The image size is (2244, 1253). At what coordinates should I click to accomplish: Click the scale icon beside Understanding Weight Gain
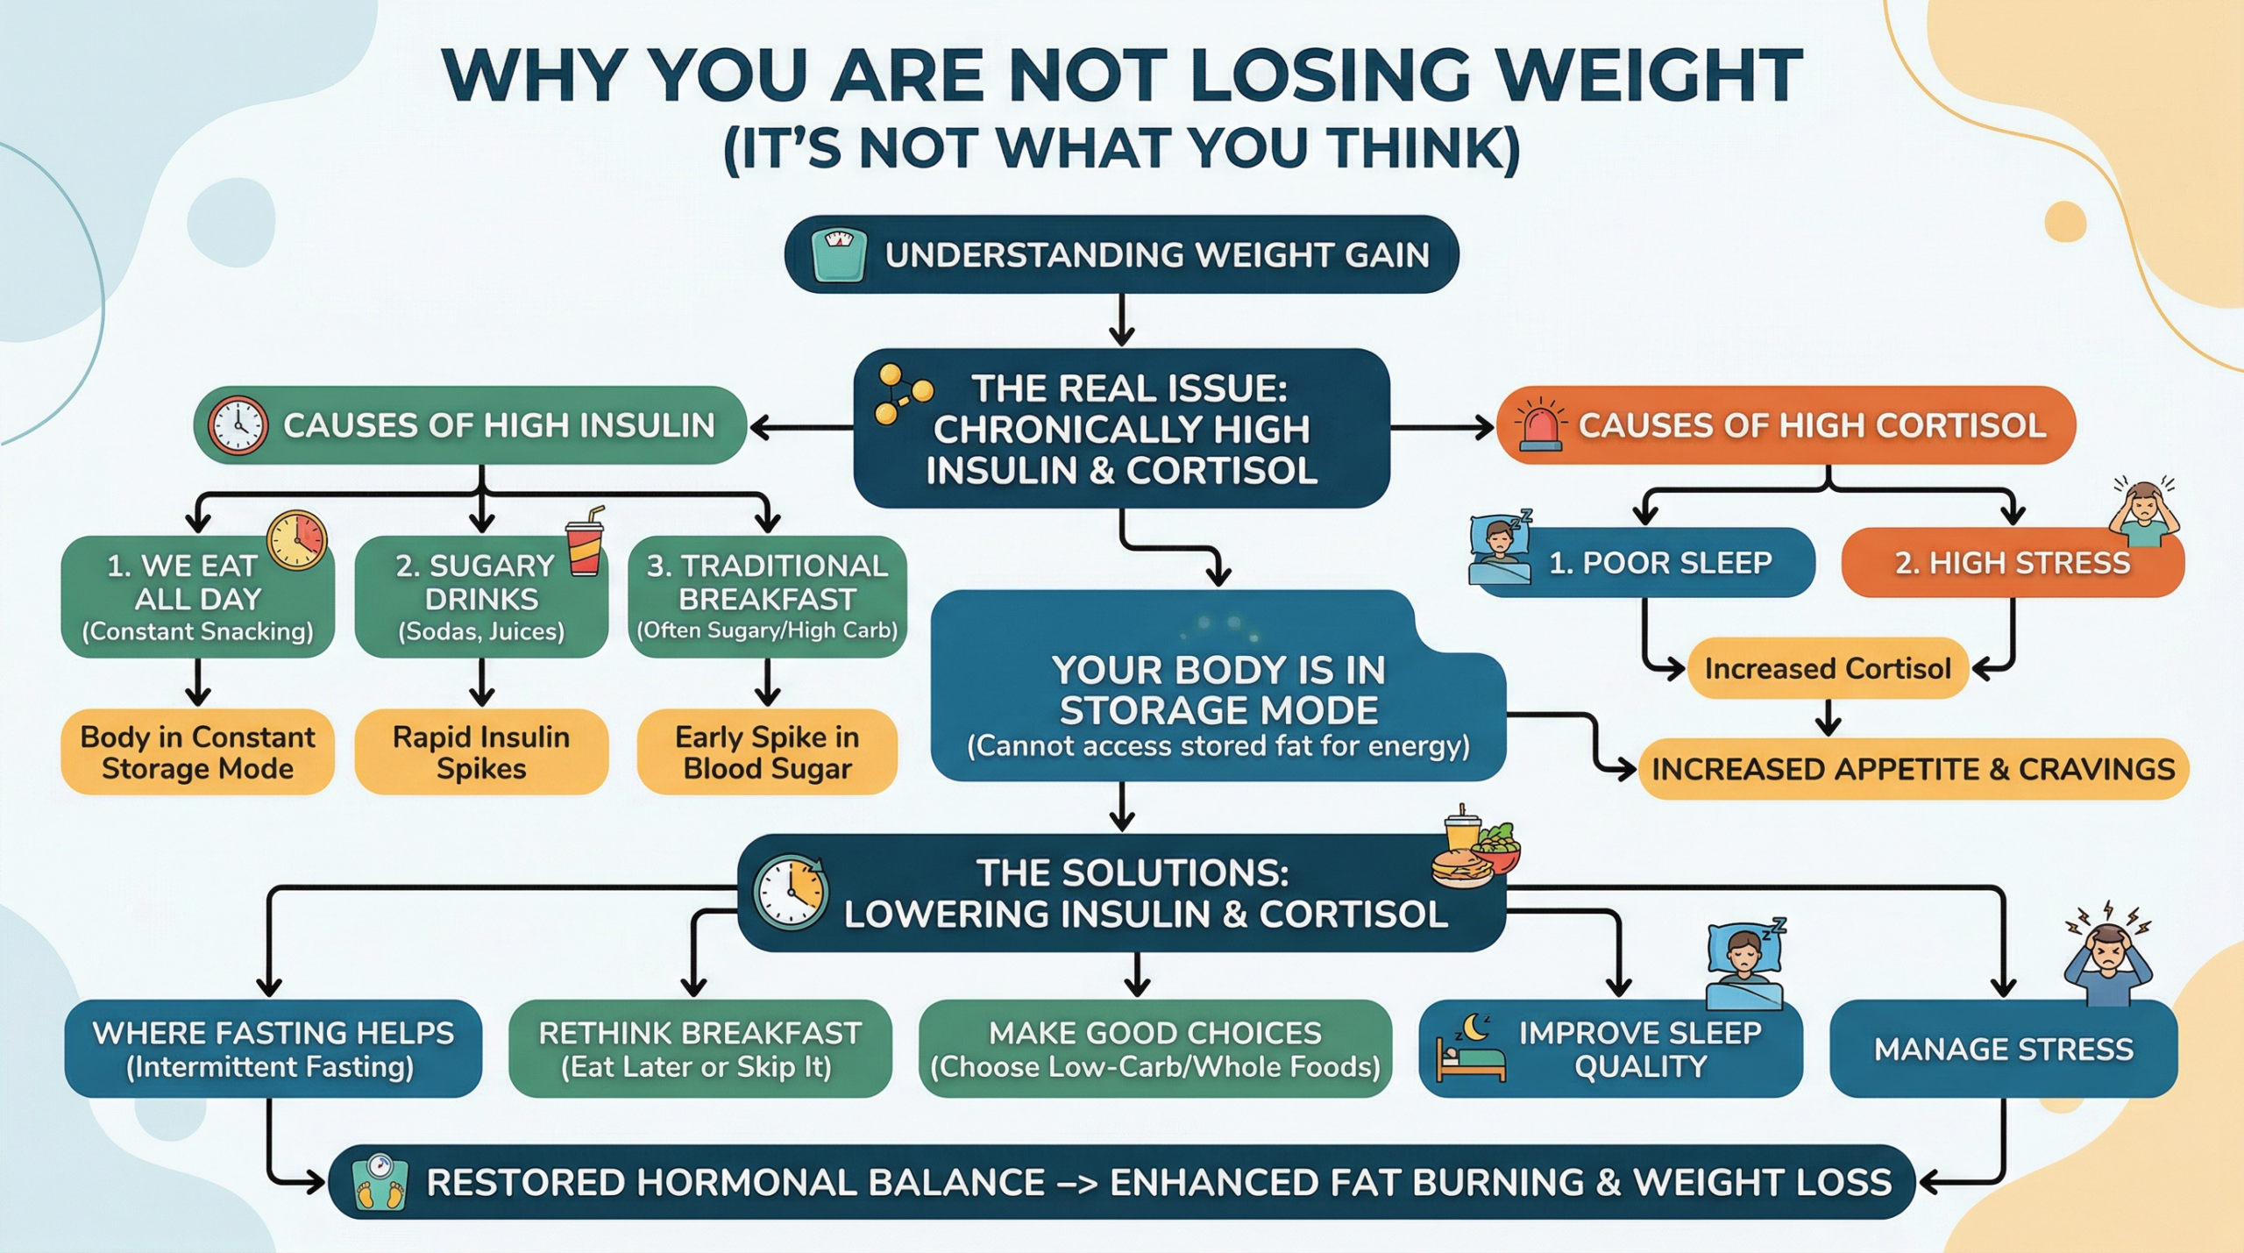[x=839, y=255]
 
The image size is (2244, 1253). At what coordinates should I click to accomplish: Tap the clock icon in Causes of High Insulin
[x=237, y=425]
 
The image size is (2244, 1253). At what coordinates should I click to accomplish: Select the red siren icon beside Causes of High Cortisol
[x=1540, y=424]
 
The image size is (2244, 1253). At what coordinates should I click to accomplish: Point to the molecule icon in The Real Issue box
[x=902, y=395]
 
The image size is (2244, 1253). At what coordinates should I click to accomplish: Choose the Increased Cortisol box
[x=1828, y=669]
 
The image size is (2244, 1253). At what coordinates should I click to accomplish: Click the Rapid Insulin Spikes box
[x=481, y=752]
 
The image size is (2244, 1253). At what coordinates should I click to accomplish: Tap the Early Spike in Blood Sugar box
[x=767, y=752]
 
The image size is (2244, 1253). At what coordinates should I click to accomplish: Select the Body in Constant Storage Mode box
[x=197, y=752]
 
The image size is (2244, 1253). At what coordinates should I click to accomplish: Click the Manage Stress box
[x=2003, y=1049]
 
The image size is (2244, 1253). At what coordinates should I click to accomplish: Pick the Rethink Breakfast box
[x=699, y=1049]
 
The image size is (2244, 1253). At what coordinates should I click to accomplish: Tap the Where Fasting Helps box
[x=273, y=1049]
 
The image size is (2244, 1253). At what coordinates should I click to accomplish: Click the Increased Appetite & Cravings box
[x=1913, y=769]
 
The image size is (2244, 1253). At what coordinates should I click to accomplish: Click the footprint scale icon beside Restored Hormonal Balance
[x=380, y=1182]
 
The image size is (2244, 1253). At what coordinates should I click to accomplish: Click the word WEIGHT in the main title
[x=1649, y=77]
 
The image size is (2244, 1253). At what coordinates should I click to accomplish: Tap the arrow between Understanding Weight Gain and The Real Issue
[x=1121, y=320]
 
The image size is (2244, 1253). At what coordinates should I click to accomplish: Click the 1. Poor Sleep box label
[x=1659, y=563]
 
